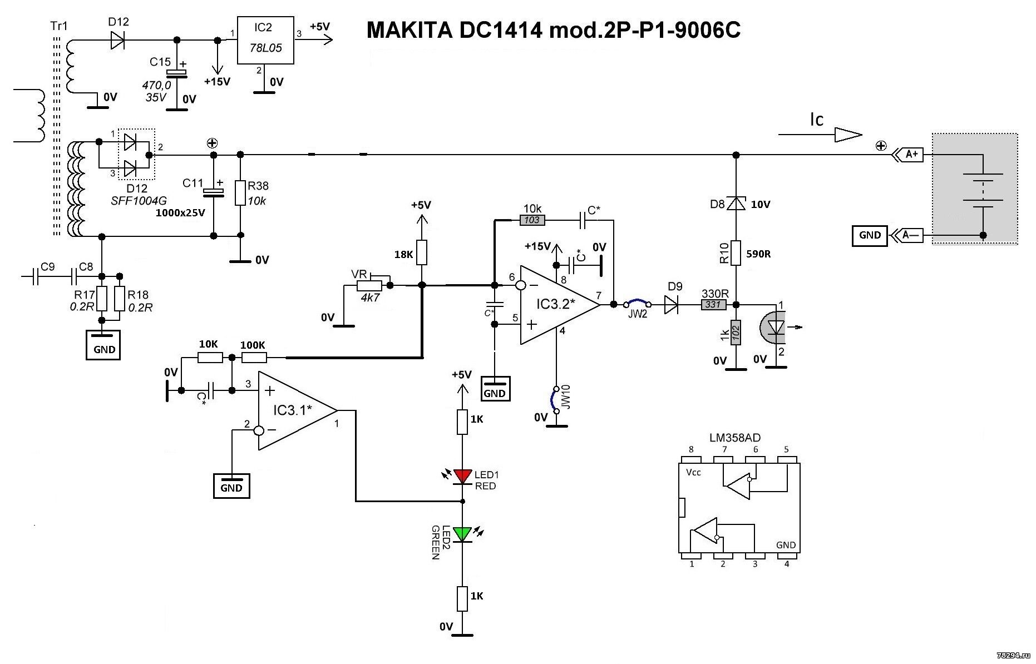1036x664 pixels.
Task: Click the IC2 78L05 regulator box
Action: (265, 40)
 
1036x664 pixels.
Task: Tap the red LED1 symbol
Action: (462, 476)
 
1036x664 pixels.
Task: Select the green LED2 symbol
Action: (462, 534)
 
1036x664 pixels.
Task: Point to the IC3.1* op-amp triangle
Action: (295, 410)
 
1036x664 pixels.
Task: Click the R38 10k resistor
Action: (240, 193)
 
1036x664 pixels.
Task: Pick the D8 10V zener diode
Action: (736, 204)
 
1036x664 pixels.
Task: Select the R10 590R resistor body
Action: (736, 253)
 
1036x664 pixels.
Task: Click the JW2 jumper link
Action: (637, 303)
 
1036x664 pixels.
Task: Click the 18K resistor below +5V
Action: (422, 252)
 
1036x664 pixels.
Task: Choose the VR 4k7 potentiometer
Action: (369, 285)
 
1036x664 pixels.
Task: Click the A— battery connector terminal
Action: (907, 235)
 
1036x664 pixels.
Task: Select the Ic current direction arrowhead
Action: (848, 135)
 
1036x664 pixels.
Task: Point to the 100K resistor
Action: (254, 358)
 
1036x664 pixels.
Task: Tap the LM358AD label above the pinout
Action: (734, 438)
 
